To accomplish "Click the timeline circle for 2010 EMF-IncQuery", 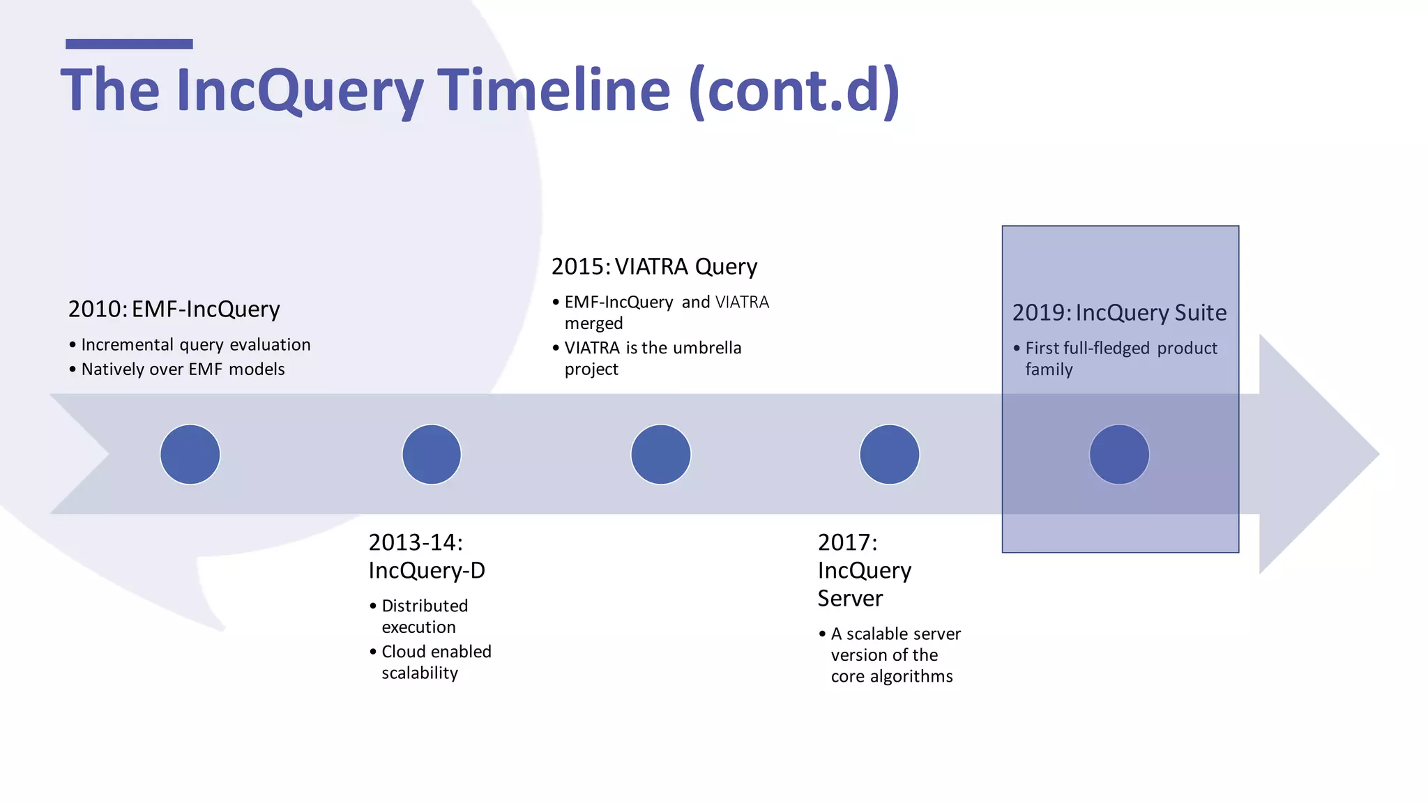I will coord(190,454).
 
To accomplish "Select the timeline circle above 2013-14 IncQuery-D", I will coord(432,454).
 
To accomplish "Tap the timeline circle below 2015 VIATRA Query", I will coord(660,454).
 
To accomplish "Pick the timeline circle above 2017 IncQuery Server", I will coord(889,454).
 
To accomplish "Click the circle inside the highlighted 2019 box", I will coord(1119,454).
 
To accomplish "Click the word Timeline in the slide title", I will coord(554,91).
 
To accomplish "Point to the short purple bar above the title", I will coord(129,44).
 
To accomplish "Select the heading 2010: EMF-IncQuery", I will coord(174,309).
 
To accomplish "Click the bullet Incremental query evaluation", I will coord(195,345).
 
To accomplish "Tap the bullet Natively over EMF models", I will coord(183,369).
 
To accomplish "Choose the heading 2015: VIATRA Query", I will coord(654,266).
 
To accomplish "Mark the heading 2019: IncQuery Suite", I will coord(1118,312).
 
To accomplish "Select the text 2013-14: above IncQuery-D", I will coord(416,542).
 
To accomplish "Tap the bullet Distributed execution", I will coord(424,616).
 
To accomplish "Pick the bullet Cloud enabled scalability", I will coord(436,661).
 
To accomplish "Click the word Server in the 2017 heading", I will coord(850,599).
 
